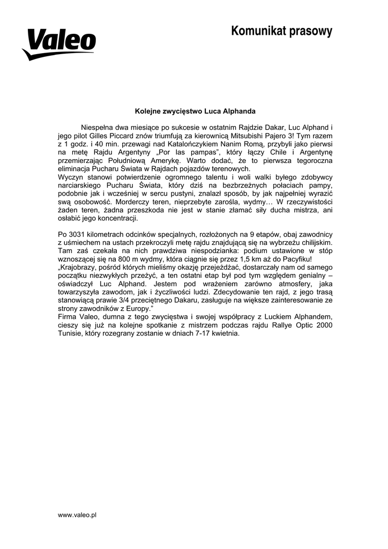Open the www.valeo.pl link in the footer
coord(77,515)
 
